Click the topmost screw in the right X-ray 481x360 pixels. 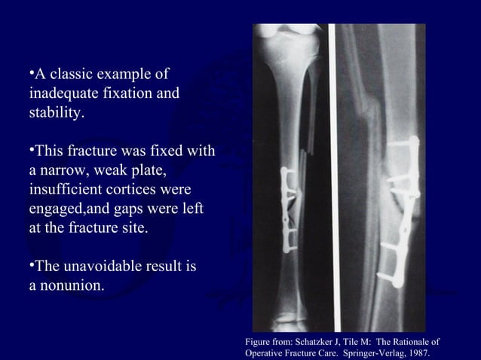tap(404, 141)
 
